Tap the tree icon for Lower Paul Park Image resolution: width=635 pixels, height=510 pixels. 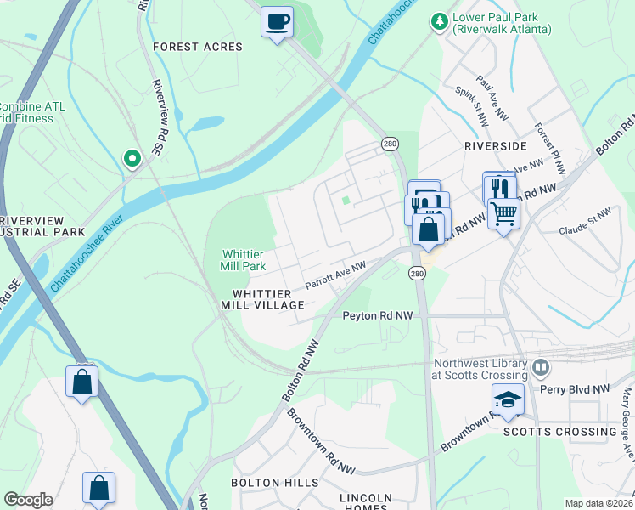point(439,20)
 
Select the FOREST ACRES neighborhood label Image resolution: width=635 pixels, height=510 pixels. point(198,47)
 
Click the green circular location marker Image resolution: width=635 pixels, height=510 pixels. point(132,157)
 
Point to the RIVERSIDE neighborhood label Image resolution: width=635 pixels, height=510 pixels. point(495,146)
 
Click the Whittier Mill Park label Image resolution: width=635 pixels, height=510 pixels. point(244,260)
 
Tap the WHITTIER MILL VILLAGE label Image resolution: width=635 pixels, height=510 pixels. point(262,299)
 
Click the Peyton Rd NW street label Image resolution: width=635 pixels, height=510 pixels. point(377,315)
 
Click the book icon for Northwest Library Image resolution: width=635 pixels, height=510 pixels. point(540,369)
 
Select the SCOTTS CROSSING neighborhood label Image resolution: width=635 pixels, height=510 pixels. point(559,432)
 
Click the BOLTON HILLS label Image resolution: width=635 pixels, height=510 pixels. point(275,482)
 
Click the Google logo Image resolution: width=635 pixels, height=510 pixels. point(28,500)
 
